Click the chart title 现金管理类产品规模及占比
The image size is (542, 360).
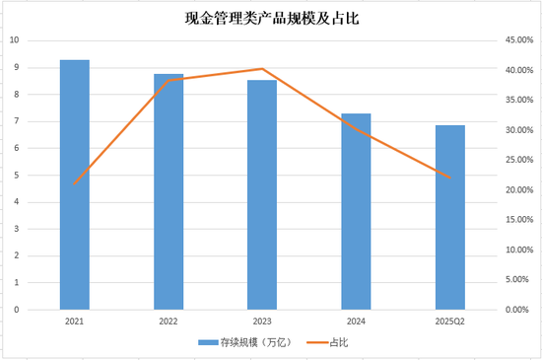[x=271, y=18]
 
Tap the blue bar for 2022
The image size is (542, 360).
[x=169, y=192]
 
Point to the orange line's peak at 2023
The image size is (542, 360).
[x=262, y=69]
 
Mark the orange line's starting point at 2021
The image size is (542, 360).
[x=75, y=184]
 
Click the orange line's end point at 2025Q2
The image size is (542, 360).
[x=449, y=179]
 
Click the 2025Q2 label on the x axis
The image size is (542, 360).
[x=449, y=322]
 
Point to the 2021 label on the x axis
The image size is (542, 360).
[x=75, y=322]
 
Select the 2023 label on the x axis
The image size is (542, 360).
[x=262, y=322]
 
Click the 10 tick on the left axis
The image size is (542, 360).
[x=14, y=40]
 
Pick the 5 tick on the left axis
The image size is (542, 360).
[x=16, y=176]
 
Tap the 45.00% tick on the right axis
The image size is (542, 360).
[x=517, y=40]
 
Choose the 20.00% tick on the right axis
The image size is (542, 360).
[x=517, y=190]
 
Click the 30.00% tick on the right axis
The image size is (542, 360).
[x=517, y=130]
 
